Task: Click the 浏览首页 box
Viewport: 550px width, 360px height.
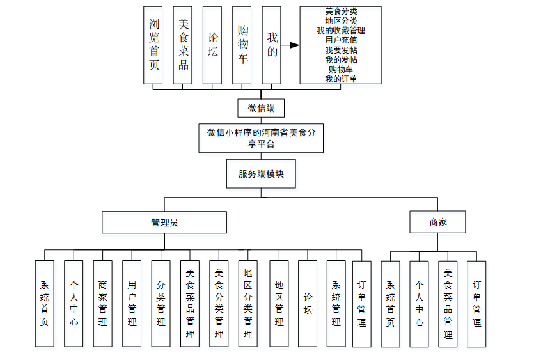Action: point(153,45)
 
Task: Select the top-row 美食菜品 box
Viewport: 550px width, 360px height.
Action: point(183,45)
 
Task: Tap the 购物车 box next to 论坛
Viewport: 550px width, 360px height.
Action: point(242,45)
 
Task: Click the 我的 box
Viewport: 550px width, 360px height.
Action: point(272,45)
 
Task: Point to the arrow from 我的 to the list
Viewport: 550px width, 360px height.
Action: point(291,45)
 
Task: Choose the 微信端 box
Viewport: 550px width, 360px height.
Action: point(261,108)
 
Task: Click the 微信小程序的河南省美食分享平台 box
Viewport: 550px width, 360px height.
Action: point(261,138)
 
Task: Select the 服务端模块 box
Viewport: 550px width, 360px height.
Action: point(261,174)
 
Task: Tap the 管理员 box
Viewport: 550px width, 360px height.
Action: point(164,223)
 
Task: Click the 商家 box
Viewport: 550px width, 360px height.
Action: point(438,223)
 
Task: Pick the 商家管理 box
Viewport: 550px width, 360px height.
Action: point(103,303)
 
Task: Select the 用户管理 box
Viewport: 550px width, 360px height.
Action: point(132,303)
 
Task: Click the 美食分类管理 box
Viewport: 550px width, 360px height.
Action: point(219,303)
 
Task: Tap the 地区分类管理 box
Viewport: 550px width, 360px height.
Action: point(248,303)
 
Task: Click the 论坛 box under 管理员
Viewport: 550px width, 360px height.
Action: point(308,303)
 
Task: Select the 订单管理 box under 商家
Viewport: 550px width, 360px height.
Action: point(476,303)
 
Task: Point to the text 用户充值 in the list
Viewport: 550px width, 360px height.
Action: point(341,40)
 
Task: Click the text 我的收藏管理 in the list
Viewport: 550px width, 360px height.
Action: point(341,30)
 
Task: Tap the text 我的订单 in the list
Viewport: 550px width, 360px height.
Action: point(341,79)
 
